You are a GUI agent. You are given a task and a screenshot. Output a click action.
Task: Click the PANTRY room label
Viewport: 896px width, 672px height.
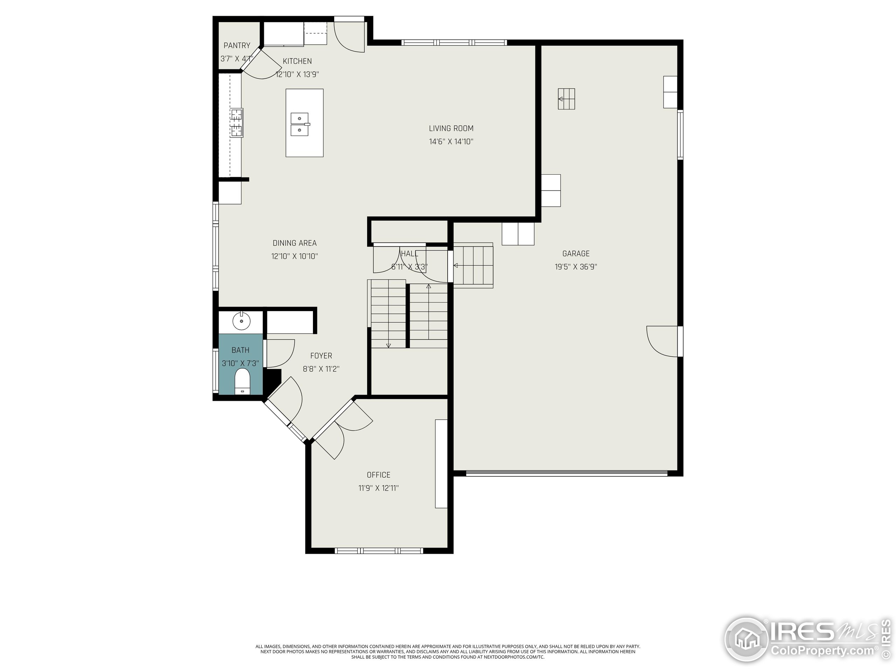point(237,45)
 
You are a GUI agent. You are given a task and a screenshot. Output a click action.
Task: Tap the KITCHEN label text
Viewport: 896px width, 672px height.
point(297,61)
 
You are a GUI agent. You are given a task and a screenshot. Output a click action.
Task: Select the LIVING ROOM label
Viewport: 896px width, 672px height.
point(451,128)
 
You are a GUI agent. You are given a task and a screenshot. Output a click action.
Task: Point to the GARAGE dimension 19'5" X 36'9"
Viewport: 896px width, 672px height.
point(576,267)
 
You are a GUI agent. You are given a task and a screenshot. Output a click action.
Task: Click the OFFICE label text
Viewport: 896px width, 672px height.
point(379,475)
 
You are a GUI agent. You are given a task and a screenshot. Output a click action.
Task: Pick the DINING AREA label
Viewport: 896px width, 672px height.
point(294,243)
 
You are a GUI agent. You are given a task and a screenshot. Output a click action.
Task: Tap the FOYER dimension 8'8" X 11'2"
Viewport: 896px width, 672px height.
point(321,369)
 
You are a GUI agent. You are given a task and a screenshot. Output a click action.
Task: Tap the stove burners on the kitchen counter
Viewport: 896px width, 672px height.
point(237,123)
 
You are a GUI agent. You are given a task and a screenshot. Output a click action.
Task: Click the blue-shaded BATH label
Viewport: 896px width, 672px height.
point(240,350)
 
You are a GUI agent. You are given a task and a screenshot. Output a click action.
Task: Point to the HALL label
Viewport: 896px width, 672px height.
point(409,253)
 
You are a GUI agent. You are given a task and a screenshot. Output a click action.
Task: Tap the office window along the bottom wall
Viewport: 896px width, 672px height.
point(379,551)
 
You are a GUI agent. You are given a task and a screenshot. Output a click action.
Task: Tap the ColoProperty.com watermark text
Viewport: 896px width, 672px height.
point(822,651)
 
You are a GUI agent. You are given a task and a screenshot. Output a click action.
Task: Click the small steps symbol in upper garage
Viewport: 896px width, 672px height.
point(566,99)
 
